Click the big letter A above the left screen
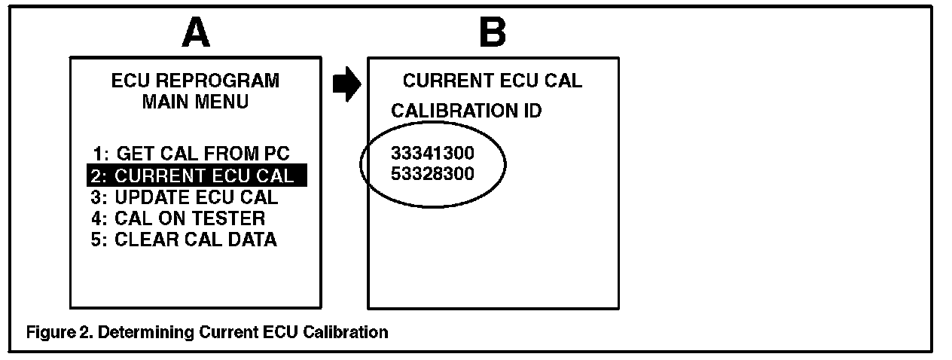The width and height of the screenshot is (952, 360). [x=197, y=32]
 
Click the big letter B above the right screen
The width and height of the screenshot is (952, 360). [x=493, y=32]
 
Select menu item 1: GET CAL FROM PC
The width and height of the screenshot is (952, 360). [x=191, y=154]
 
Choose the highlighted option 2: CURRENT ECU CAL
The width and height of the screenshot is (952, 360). [x=197, y=176]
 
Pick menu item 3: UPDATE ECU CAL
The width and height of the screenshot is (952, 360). [x=185, y=198]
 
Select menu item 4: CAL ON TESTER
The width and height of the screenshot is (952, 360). [x=179, y=219]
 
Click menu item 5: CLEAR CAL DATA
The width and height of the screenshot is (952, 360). [x=185, y=240]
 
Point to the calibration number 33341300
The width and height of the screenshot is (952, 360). [x=432, y=154]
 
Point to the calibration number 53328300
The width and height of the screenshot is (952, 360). [x=432, y=175]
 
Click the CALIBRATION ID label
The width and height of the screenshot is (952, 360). [x=466, y=111]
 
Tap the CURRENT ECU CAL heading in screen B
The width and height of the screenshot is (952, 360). [x=493, y=81]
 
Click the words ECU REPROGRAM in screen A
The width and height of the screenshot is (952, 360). [x=195, y=81]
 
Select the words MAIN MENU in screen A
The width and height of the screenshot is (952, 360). [x=195, y=102]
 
